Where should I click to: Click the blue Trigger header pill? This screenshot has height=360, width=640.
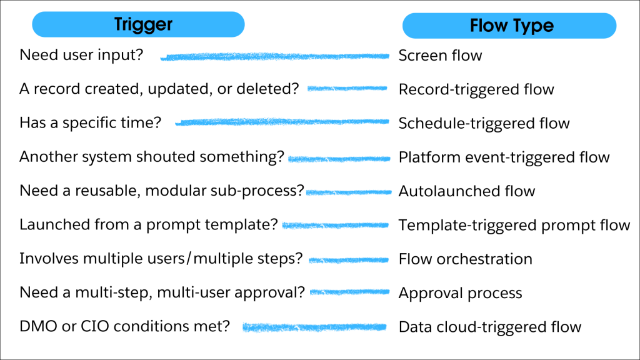138,25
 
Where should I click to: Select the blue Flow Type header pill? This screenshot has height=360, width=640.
509,26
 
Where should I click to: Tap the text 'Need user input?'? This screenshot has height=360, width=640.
81,55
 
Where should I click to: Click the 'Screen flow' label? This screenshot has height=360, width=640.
440,56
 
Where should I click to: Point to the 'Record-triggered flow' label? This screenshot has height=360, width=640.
476,89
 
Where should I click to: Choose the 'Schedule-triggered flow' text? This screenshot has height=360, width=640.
484,123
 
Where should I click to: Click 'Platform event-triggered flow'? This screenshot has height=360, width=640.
504,157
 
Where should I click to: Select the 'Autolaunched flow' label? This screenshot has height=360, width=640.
466,191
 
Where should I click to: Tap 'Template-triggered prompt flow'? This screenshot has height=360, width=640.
514,225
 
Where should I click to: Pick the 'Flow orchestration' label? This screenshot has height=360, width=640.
465,259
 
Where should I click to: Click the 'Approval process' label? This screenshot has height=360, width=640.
460,292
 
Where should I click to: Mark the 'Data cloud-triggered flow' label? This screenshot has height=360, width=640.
489,326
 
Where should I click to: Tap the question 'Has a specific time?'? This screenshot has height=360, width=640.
90,122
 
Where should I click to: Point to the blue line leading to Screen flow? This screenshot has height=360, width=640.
275,57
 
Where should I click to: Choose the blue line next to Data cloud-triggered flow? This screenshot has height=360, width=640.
316,327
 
